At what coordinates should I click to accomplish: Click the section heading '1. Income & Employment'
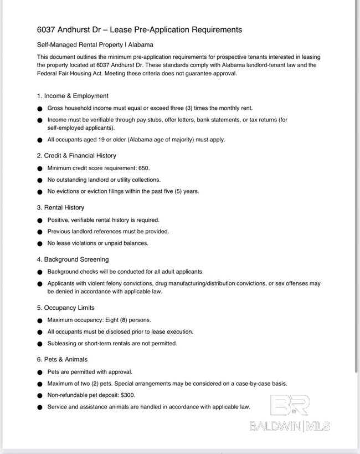click(73, 96)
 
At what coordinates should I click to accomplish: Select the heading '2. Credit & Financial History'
click(76, 156)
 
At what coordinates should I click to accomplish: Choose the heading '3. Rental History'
click(60, 207)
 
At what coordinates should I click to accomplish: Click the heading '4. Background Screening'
click(73, 259)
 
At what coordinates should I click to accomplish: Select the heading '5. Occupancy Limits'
click(65, 308)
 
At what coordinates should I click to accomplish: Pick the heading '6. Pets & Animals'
click(62, 359)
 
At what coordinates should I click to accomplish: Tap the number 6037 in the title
click(48, 29)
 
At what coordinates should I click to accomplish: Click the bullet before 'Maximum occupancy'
click(40, 320)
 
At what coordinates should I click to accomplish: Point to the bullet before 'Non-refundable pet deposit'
click(40, 396)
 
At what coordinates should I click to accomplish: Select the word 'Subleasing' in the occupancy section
click(62, 343)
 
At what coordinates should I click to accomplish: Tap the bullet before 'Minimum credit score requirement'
click(40, 169)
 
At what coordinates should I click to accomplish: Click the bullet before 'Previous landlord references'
click(40, 232)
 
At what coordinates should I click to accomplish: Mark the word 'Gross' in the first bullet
click(55, 108)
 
